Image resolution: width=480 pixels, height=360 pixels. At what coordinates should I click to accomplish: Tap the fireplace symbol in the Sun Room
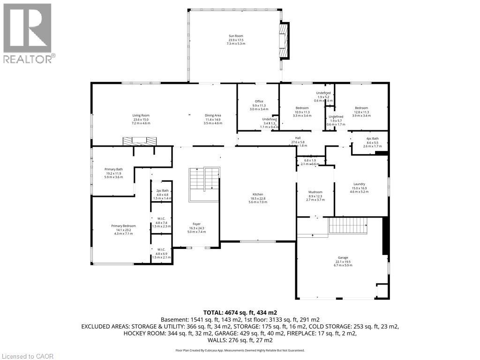pyautogui.click(x=284, y=41)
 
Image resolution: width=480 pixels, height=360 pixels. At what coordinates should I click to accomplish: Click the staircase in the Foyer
pyautogui.click(x=204, y=184)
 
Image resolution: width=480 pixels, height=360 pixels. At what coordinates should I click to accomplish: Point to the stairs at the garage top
pyautogui.click(x=348, y=225)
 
